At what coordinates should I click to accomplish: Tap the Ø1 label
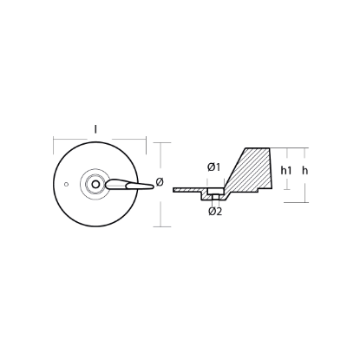pos(213,167)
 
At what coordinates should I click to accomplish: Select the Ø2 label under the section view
pos(214,213)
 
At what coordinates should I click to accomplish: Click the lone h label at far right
pos(304,171)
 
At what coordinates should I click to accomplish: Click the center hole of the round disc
pos(92,183)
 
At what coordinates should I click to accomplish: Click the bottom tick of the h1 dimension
pos(282,193)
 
